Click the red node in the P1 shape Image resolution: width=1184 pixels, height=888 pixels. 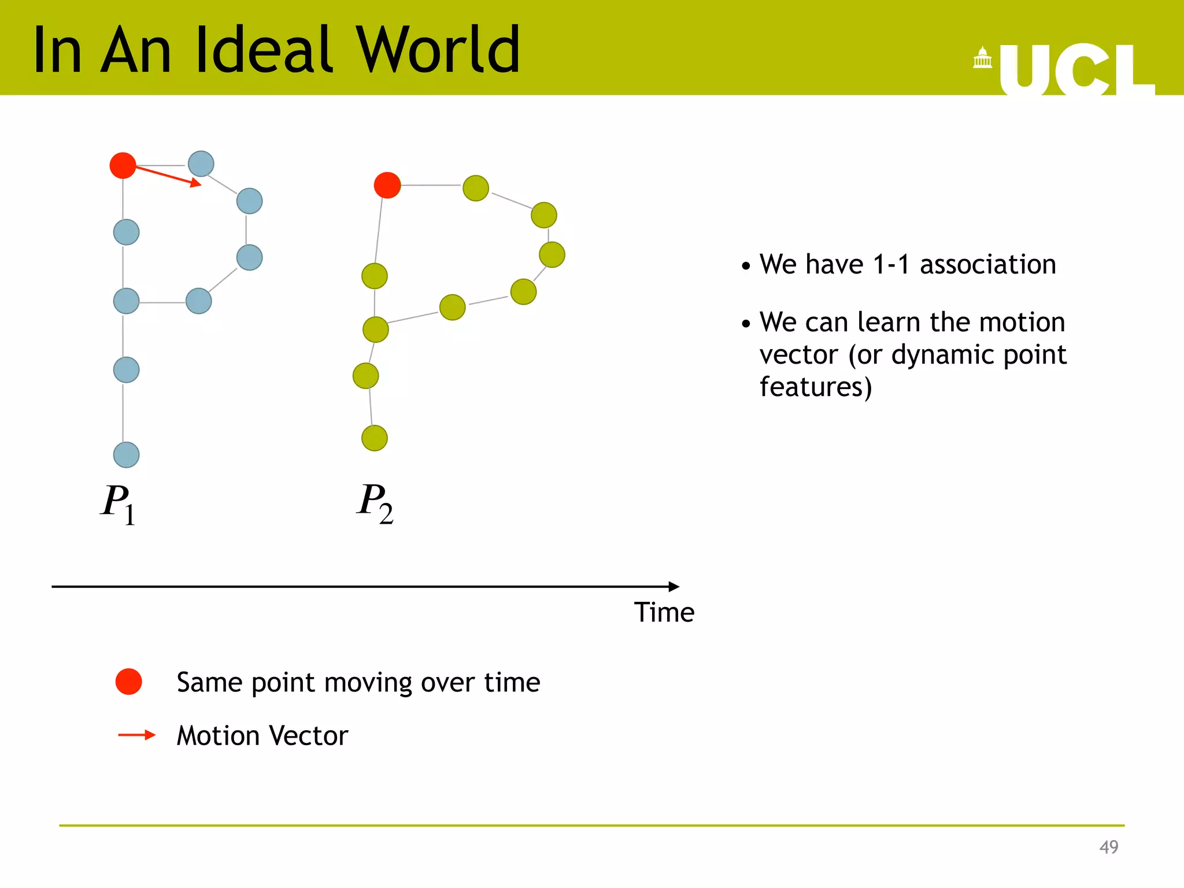click(123, 165)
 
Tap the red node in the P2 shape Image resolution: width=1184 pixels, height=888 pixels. click(387, 185)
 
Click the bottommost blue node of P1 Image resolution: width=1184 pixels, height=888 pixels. click(126, 454)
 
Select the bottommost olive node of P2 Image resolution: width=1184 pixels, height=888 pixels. click(375, 438)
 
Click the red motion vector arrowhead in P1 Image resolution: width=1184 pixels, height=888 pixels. click(197, 183)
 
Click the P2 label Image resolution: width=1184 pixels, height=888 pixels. click(375, 503)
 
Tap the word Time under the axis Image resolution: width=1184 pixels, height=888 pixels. click(664, 612)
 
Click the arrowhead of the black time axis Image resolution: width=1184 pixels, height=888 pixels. click(674, 586)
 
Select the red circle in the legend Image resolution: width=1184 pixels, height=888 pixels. click(128, 682)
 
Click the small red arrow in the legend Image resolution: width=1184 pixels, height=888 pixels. click(137, 735)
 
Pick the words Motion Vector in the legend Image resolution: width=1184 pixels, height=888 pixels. click(262, 736)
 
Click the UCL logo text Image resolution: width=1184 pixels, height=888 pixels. click(1075, 69)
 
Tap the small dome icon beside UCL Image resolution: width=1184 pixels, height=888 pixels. click(982, 58)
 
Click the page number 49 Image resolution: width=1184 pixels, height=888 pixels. click(1108, 847)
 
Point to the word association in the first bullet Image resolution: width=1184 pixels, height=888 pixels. click(987, 265)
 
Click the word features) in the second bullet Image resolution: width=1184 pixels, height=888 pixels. click(815, 387)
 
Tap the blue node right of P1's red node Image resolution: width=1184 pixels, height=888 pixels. click(201, 164)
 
